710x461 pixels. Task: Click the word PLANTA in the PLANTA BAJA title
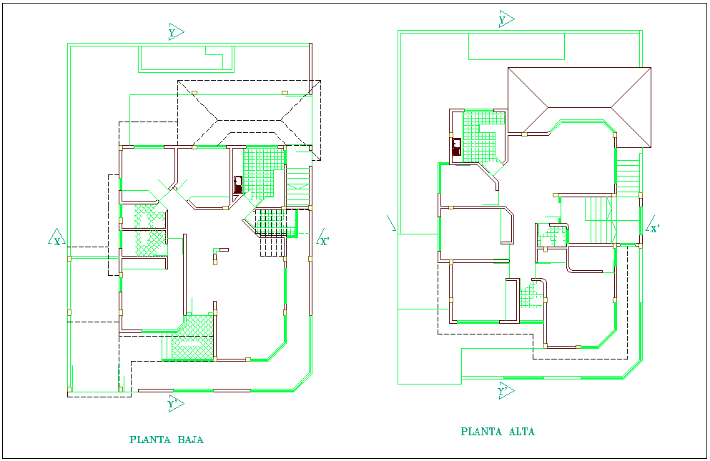pos(147,440)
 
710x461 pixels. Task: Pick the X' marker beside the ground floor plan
pos(322,239)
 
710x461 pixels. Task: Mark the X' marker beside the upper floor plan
pos(652,228)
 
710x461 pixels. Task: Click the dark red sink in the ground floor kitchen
pos(238,185)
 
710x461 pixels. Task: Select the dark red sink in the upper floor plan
pos(456,147)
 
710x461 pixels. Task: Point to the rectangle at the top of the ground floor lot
pos(186,59)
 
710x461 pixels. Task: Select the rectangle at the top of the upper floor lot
pos(516,46)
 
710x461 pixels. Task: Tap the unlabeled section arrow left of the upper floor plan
pos(390,223)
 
